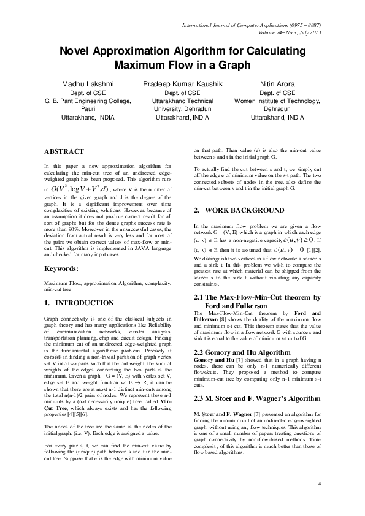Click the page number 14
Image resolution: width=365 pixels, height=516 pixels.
(318, 484)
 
